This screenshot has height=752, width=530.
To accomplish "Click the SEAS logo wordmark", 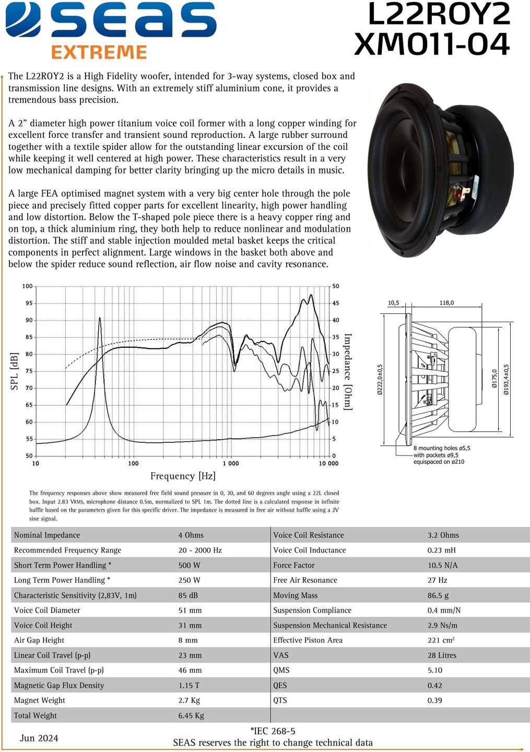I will (111, 21).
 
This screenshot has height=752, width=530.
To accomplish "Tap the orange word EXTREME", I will (99, 52).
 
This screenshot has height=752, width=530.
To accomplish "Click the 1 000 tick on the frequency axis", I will (230, 463).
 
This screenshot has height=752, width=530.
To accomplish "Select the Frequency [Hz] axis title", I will (183, 476).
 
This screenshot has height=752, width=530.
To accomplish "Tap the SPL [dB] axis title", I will (15, 371).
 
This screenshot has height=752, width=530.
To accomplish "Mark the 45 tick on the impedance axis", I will (336, 303).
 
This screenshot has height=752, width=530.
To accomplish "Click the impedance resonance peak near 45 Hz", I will (100, 319).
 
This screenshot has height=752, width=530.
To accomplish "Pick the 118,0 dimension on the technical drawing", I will (446, 303).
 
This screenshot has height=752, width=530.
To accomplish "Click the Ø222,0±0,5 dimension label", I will (380, 379).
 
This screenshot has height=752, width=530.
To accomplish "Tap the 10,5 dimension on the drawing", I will (393, 303).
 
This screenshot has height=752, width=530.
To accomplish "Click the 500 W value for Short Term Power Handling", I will (189, 565).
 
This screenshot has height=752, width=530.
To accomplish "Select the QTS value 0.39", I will (434, 700).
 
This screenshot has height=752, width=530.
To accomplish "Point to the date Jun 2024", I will (39, 738).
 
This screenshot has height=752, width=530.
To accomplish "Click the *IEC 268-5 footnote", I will (273, 731).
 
